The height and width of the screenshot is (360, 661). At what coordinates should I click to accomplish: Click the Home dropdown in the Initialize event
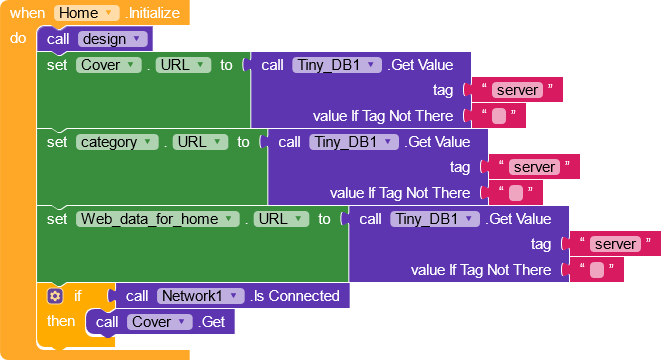[x=86, y=13]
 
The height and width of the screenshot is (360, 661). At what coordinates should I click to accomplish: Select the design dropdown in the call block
[x=113, y=39]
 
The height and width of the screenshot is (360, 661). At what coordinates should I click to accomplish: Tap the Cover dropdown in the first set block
[x=108, y=65]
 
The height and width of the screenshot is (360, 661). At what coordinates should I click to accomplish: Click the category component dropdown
[x=117, y=142]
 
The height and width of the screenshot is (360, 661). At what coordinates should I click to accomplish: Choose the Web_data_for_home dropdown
[x=158, y=219]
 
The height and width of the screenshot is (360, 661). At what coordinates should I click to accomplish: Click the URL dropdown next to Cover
[x=183, y=65]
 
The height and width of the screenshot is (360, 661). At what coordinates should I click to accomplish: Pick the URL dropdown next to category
[x=200, y=142]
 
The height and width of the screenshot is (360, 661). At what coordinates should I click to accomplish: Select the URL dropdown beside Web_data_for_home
[x=281, y=219]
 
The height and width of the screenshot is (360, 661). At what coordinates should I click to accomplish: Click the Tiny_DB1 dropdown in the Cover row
[x=337, y=65]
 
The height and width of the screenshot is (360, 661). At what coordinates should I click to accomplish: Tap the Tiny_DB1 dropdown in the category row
[x=354, y=142]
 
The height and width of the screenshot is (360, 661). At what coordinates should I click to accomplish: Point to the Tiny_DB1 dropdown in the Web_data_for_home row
[x=435, y=219]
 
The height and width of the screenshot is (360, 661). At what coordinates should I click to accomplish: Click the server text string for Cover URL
[x=517, y=90]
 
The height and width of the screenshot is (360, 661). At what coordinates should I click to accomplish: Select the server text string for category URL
[x=534, y=167]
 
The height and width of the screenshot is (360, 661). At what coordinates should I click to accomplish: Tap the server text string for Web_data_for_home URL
[x=615, y=244]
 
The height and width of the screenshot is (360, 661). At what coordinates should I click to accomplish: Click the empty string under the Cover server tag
[x=499, y=116]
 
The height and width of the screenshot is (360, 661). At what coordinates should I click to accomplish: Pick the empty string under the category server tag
[x=516, y=193]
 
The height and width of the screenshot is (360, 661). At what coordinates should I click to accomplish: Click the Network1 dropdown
[x=200, y=296]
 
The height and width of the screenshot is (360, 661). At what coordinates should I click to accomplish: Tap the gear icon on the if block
[x=55, y=296]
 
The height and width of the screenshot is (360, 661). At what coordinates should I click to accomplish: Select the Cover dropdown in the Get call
[x=159, y=322]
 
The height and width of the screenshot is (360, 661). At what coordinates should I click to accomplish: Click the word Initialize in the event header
[x=154, y=13]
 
